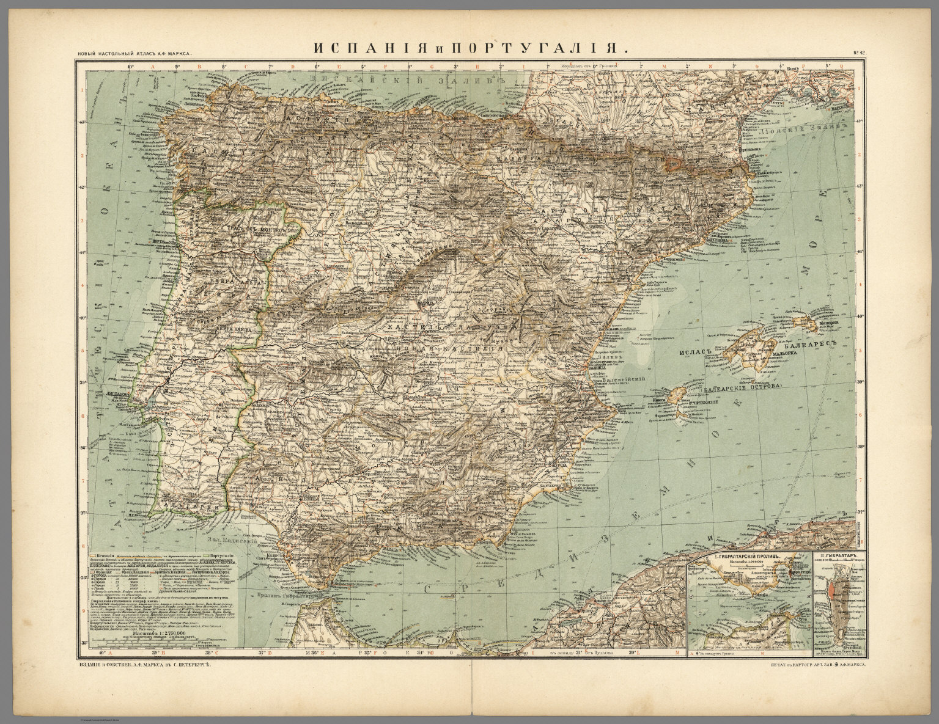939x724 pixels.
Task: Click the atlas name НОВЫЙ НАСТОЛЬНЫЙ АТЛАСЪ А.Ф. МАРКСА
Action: pyautogui.click(x=134, y=54)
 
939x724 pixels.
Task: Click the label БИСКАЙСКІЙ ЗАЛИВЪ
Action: pyautogui.click(x=409, y=80)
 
